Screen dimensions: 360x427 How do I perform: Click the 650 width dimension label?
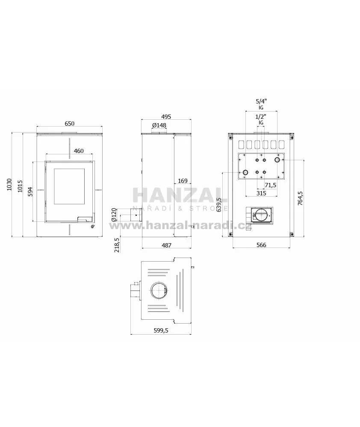tap(69, 124)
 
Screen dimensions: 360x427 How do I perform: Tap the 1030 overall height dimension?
tap(9, 184)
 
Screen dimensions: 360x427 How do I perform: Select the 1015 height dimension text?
tap(21, 186)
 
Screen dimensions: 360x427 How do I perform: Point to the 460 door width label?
tap(79, 151)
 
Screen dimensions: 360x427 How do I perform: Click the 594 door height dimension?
tap(30, 191)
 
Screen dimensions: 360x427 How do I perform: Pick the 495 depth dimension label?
tap(166, 117)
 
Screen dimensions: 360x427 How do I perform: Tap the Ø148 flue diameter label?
tap(159, 125)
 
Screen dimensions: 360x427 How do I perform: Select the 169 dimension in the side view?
tap(183, 181)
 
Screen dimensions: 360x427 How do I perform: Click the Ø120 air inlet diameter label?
tap(114, 215)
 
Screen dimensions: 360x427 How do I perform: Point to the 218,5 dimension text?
tap(117, 245)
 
